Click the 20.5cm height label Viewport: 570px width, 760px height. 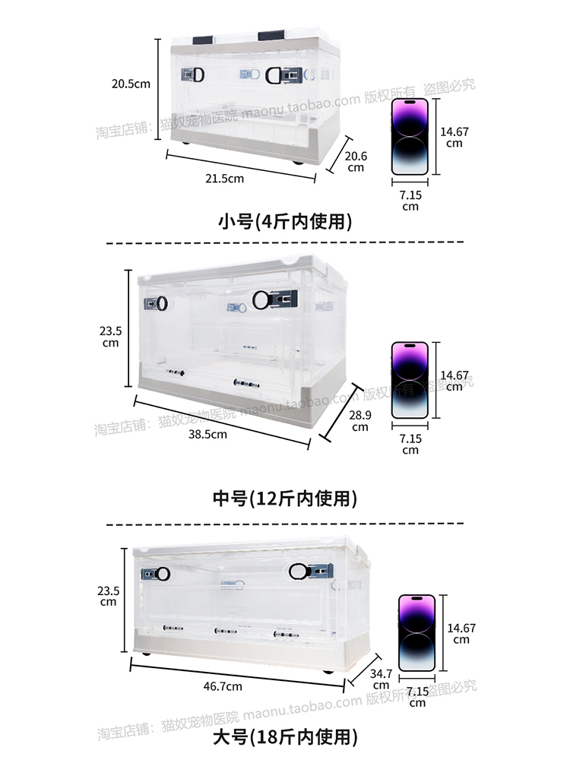(x=131, y=84)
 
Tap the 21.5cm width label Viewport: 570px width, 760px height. (x=225, y=179)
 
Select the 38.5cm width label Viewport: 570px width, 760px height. (x=208, y=435)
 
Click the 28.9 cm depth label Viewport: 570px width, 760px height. (x=360, y=420)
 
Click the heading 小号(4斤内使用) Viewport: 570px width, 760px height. (x=285, y=222)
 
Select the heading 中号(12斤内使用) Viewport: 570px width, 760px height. (x=285, y=499)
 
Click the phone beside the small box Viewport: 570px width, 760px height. (x=410, y=138)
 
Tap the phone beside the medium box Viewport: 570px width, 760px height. (x=410, y=380)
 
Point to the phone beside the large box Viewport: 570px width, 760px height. (x=417, y=633)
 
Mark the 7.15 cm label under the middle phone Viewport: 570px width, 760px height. (x=410, y=445)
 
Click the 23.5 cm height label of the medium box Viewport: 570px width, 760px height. (x=110, y=337)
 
